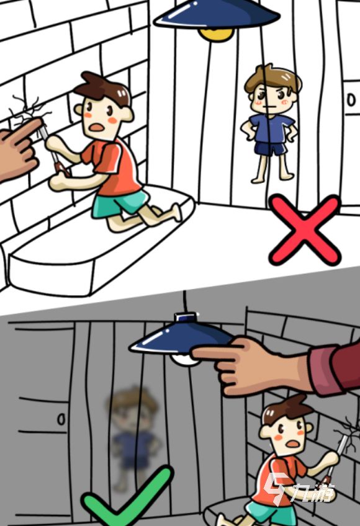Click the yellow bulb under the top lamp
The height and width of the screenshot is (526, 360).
tap(216, 35)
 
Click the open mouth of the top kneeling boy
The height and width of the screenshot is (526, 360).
tap(97, 128)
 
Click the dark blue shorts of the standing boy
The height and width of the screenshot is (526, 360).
tap(271, 149)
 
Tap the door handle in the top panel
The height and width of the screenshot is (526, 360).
tap(351, 100)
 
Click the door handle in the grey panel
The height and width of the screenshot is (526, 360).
tap(61, 419)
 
